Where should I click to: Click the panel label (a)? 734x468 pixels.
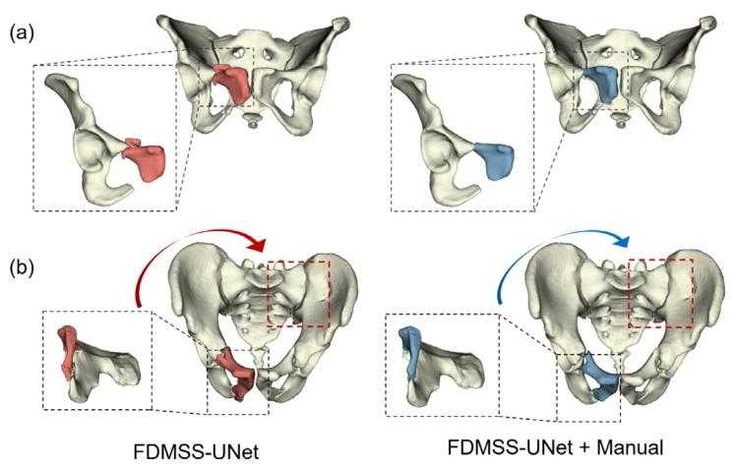pyautogui.click(x=23, y=32)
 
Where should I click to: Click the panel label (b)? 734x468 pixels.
pyautogui.click(x=23, y=266)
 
